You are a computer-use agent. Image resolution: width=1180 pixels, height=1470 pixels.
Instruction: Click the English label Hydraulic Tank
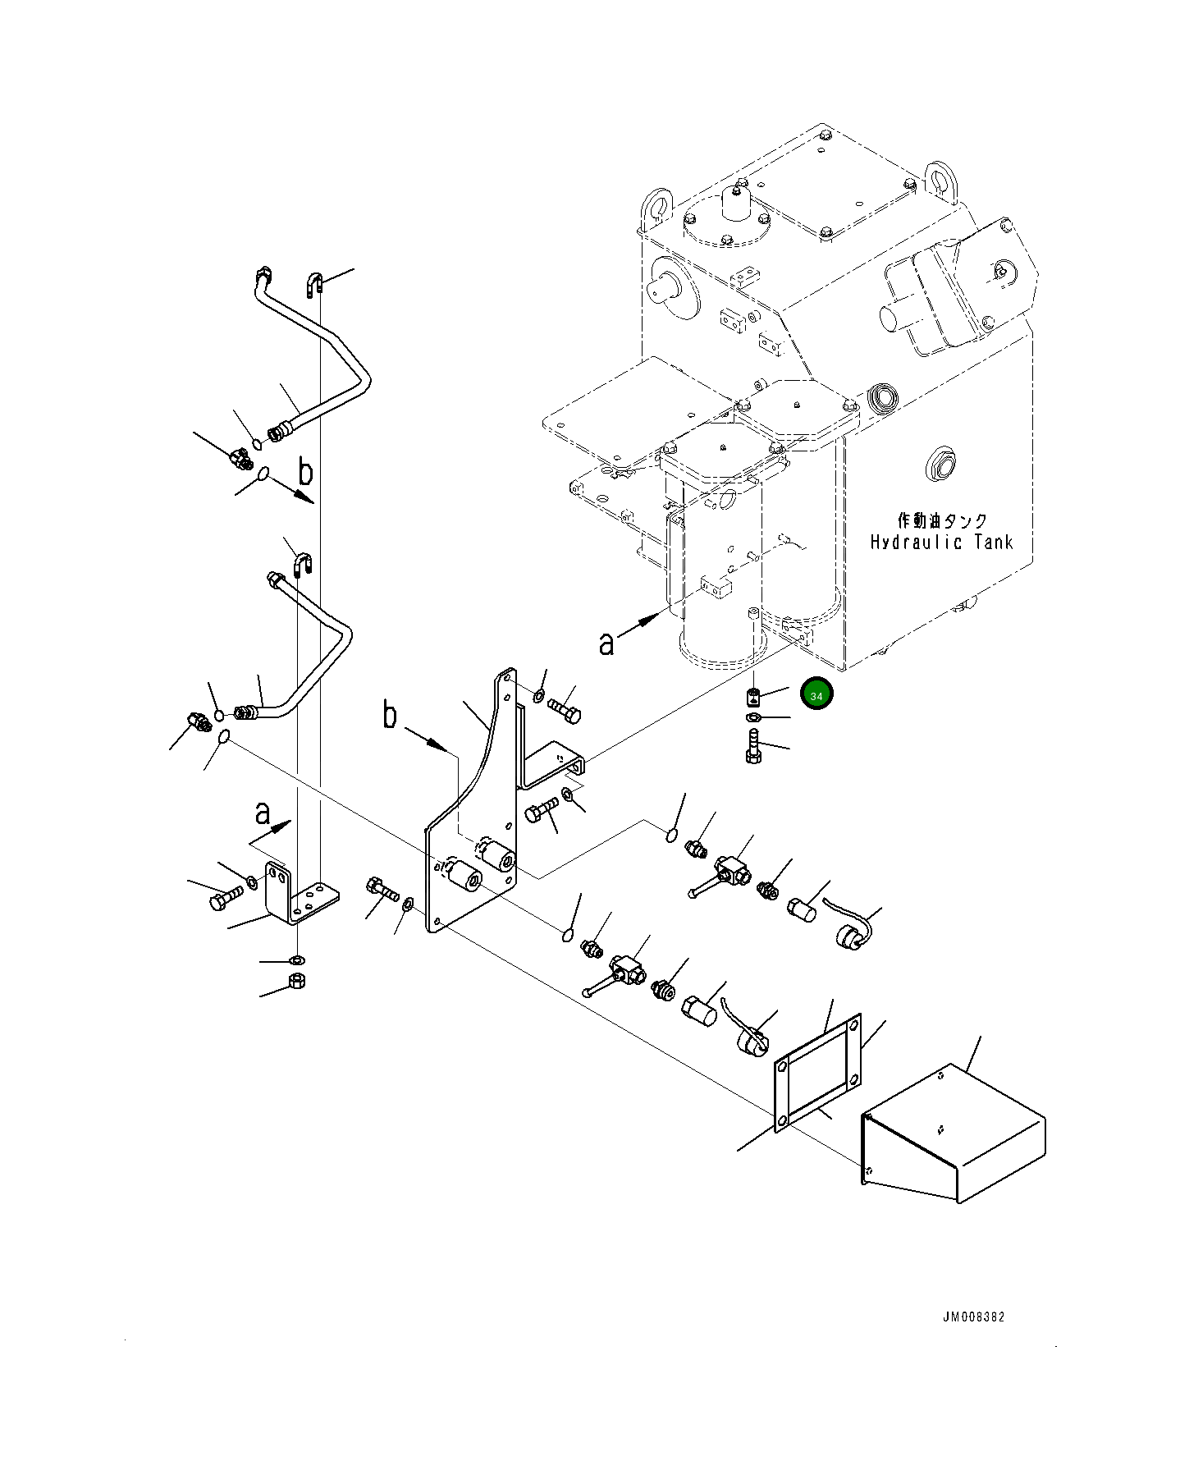coord(941,542)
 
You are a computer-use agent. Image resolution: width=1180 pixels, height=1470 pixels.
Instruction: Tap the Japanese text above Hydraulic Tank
coord(942,520)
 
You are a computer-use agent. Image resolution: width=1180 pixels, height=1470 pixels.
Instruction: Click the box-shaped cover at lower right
coord(953,1133)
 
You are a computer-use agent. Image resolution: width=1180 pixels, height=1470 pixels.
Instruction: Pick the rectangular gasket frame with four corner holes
coord(818,1072)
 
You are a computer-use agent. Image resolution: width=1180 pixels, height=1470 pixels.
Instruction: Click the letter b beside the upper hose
coord(305,474)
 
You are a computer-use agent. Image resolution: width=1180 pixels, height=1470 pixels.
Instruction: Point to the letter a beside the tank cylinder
coord(606,644)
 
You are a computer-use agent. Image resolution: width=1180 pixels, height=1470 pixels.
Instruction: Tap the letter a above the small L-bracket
coord(263,813)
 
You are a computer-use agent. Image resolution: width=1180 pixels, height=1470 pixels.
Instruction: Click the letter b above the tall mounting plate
coord(390,715)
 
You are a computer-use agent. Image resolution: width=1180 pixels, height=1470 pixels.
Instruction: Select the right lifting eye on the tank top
coord(940,177)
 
